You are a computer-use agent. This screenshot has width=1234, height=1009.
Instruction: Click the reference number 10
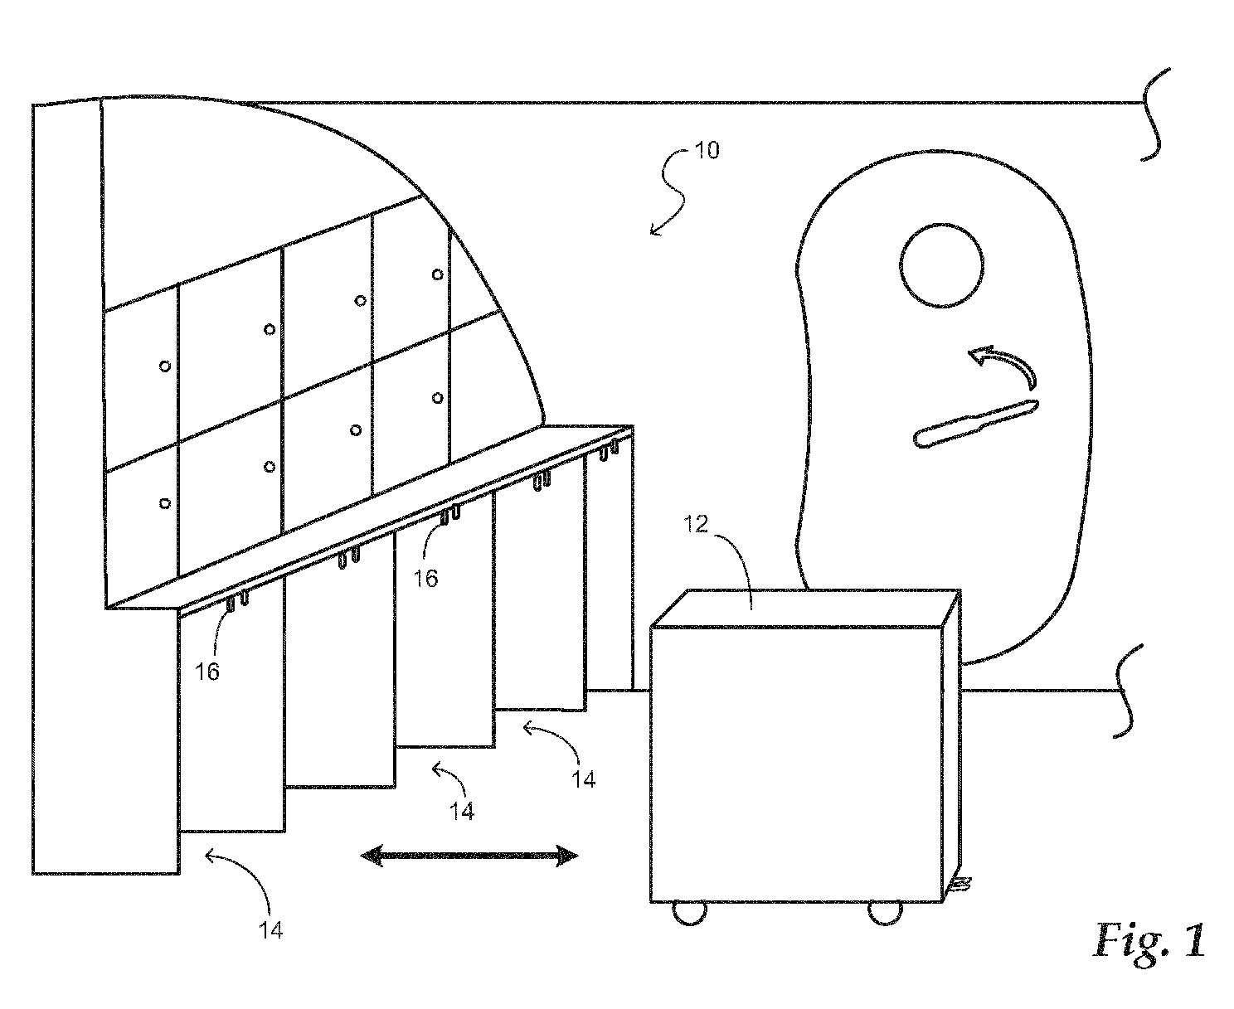pyautogui.click(x=707, y=150)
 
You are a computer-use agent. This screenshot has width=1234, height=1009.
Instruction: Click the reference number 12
pyautogui.click(x=696, y=524)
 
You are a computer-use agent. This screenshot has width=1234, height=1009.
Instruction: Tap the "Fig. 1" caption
pyautogui.click(x=1149, y=940)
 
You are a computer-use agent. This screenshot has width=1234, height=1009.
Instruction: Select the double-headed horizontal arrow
pyautogui.click(x=469, y=855)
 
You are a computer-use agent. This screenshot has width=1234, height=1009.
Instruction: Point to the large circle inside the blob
pyautogui.click(x=941, y=265)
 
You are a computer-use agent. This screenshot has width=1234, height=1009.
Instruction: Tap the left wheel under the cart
pyautogui.click(x=689, y=913)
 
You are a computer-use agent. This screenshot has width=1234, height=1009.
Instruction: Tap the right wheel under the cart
pyautogui.click(x=885, y=913)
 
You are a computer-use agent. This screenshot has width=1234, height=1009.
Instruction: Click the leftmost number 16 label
pyautogui.click(x=207, y=672)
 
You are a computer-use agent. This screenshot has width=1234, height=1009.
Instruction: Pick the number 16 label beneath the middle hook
pyautogui.click(x=425, y=579)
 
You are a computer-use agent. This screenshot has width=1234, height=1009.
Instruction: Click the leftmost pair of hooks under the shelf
pyautogui.click(x=236, y=601)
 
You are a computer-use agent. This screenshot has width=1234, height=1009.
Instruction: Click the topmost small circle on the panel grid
pyautogui.click(x=437, y=274)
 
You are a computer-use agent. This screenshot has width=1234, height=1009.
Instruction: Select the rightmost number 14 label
pyautogui.click(x=583, y=779)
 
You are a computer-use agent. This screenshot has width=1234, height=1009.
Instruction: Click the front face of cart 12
pyautogui.click(x=796, y=764)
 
